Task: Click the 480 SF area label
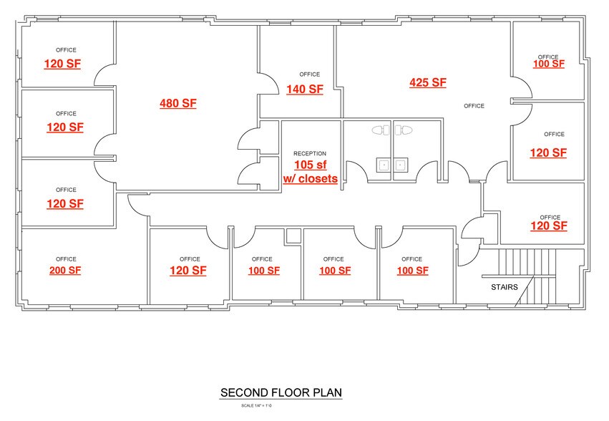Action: point(178,103)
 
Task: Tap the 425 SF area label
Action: point(428,83)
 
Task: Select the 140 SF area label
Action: point(305,89)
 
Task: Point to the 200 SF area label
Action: point(65,271)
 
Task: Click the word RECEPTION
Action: point(310,153)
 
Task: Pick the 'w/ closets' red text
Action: point(311,179)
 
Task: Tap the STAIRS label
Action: point(505,287)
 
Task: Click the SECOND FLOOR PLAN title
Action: point(281,392)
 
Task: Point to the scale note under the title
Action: point(256,405)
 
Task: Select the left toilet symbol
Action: point(381,130)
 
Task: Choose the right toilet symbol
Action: point(404,130)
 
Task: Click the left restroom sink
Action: point(384,165)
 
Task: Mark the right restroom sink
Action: point(401,165)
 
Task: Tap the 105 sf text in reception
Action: point(311,165)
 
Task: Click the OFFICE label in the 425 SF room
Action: point(474,106)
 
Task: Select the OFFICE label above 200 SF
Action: point(66,259)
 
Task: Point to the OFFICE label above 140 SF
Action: point(310,74)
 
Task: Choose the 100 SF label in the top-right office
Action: point(549,64)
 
